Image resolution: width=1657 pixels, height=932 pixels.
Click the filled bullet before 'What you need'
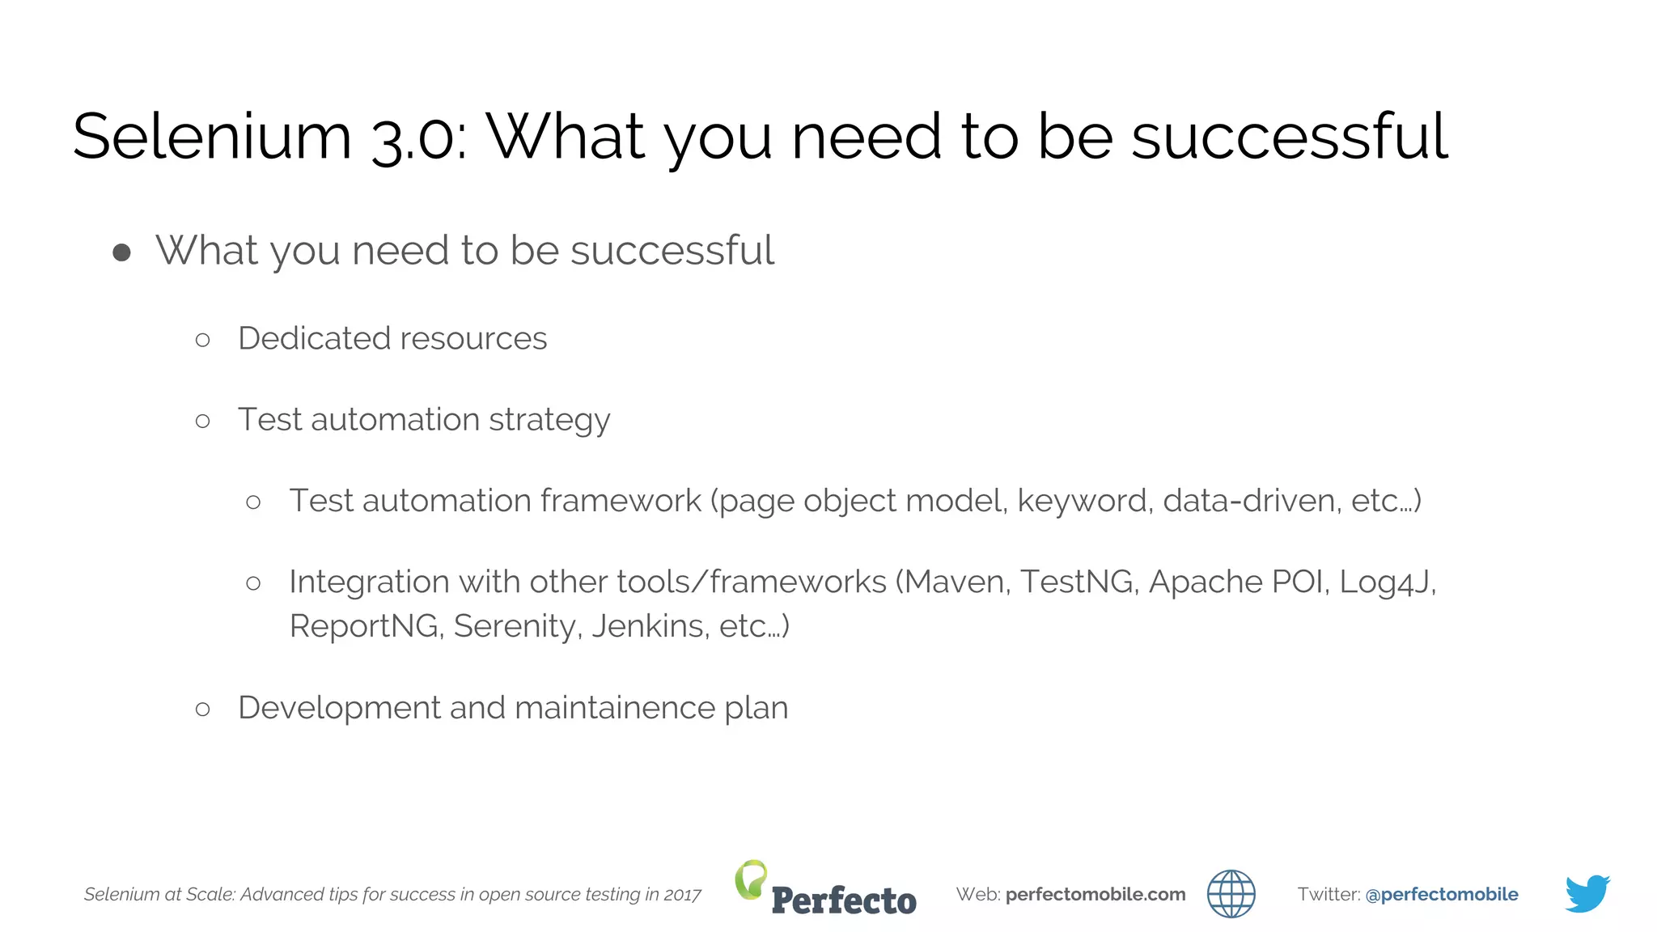[x=122, y=252]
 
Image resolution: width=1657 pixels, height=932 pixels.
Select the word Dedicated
[x=311, y=338]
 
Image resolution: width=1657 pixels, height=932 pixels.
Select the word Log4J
[x=1386, y=582]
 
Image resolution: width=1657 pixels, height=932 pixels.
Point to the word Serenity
[x=516, y=626]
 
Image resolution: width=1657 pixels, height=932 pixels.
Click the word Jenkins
[x=650, y=626]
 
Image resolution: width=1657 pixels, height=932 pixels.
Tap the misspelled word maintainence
[x=615, y=708]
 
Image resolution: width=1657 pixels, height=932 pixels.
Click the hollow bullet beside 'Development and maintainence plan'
[x=203, y=710]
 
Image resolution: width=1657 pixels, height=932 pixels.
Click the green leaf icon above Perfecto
[x=751, y=879]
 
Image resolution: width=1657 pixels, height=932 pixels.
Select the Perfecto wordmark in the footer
[x=844, y=900]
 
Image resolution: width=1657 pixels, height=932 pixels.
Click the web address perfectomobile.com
[x=1095, y=894]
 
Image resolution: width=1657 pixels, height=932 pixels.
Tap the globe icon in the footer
[x=1231, y=894]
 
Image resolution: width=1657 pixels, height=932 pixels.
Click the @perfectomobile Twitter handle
[x=1441, y=894]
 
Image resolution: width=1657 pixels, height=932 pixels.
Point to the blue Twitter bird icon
[x=1587, y=893]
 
